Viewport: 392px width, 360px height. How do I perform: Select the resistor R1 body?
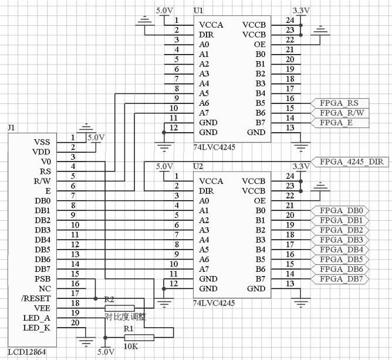139,337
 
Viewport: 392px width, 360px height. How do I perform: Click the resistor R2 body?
119,308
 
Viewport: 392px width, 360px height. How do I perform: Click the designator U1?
199,11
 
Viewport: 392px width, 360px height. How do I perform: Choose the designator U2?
199,167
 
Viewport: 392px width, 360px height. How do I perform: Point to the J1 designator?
12,127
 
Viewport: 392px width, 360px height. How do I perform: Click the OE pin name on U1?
259,44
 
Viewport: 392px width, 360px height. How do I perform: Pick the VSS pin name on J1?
42,142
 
